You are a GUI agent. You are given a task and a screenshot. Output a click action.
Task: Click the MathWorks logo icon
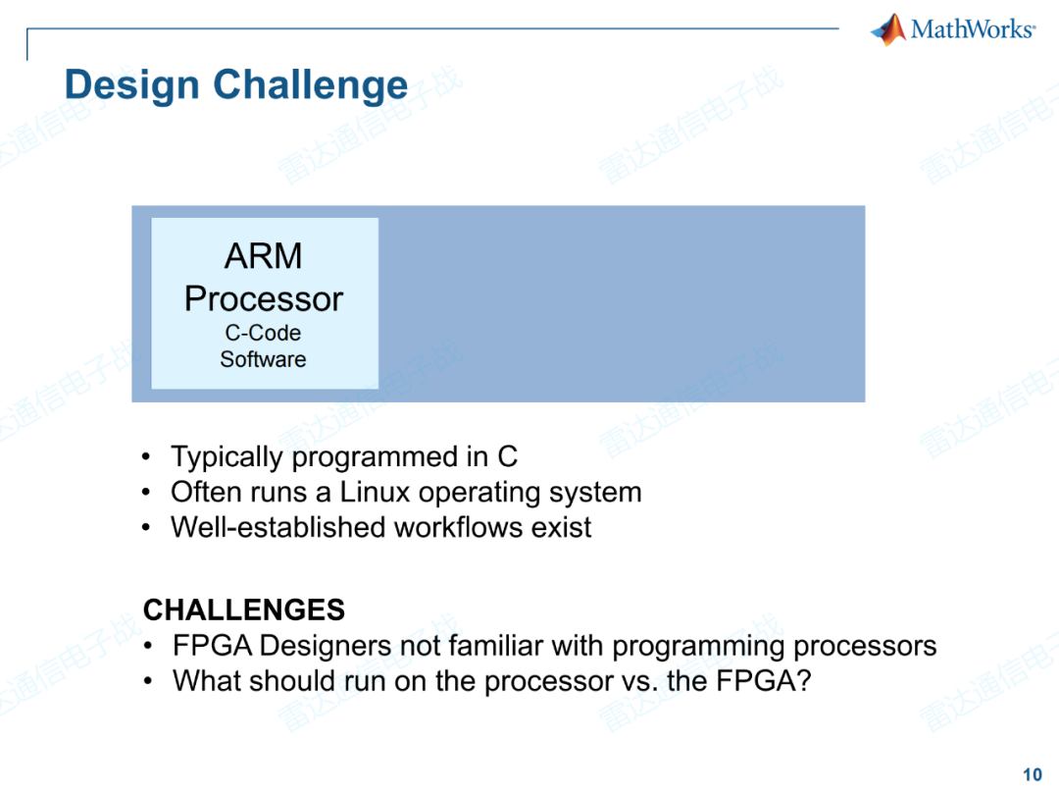pyautogui.click(x=888, y=29)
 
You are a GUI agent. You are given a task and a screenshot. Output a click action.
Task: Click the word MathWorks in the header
pyautogui.click(x=972, y=29)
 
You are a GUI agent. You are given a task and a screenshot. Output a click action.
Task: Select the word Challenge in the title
pyautogui.click(x=311, y=85)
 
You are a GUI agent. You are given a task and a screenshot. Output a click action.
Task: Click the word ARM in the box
pyautogui.click(x=264, y=257)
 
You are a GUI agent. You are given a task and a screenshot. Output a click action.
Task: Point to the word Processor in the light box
pyautogui.click(x=264, y=298)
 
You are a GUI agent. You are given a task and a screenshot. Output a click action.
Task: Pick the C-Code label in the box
pyautogui.click(x=263, y=333)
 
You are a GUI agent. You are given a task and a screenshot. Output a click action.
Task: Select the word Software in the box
pyautogui.click(x=263, y=359)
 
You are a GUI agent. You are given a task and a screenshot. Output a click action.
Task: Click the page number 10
pyautogui.click(x=1033, y=774)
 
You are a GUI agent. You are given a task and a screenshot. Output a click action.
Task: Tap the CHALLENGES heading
pyautogui.click(x=244, y=610)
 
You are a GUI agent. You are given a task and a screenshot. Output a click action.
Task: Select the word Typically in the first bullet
pyautogui.click(x=228, y=456)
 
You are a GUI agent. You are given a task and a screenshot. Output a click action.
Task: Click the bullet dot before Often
pyautogui.click(x=147, y=493)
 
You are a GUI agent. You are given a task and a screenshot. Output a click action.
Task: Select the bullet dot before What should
pyautogui.click(x=147, y=681)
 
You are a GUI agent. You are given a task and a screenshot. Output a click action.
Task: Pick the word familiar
pyautogui.click(x=496, y=646)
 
